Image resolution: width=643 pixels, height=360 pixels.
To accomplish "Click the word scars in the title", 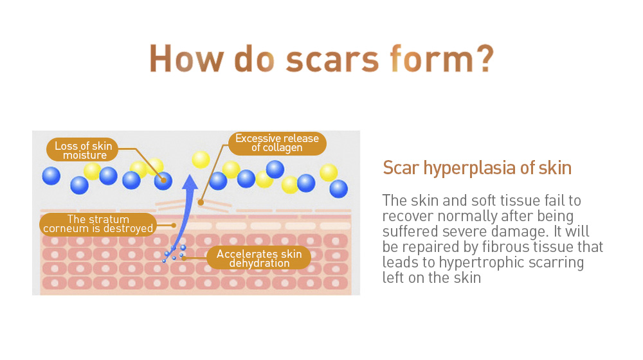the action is [332, 59].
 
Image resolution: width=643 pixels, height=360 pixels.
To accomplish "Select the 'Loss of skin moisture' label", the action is [82, 150].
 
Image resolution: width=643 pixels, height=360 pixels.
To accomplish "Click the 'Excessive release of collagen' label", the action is [277, 143].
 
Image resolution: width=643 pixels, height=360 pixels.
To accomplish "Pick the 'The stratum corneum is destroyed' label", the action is [98, 224].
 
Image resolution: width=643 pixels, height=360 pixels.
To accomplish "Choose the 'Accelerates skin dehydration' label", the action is [258, 258].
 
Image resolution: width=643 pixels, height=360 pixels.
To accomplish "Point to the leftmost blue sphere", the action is [51, 176].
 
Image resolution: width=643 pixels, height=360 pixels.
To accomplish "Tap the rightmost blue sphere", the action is [338, 188].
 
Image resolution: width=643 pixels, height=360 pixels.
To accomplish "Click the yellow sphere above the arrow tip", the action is [201, 159].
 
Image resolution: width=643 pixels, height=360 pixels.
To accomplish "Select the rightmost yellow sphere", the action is [329, 173].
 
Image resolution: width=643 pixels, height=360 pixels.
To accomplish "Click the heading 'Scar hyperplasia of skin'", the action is [477, 168].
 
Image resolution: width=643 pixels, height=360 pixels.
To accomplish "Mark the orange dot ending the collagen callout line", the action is [201, 202].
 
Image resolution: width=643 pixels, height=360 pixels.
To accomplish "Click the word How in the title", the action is [186, 59].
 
